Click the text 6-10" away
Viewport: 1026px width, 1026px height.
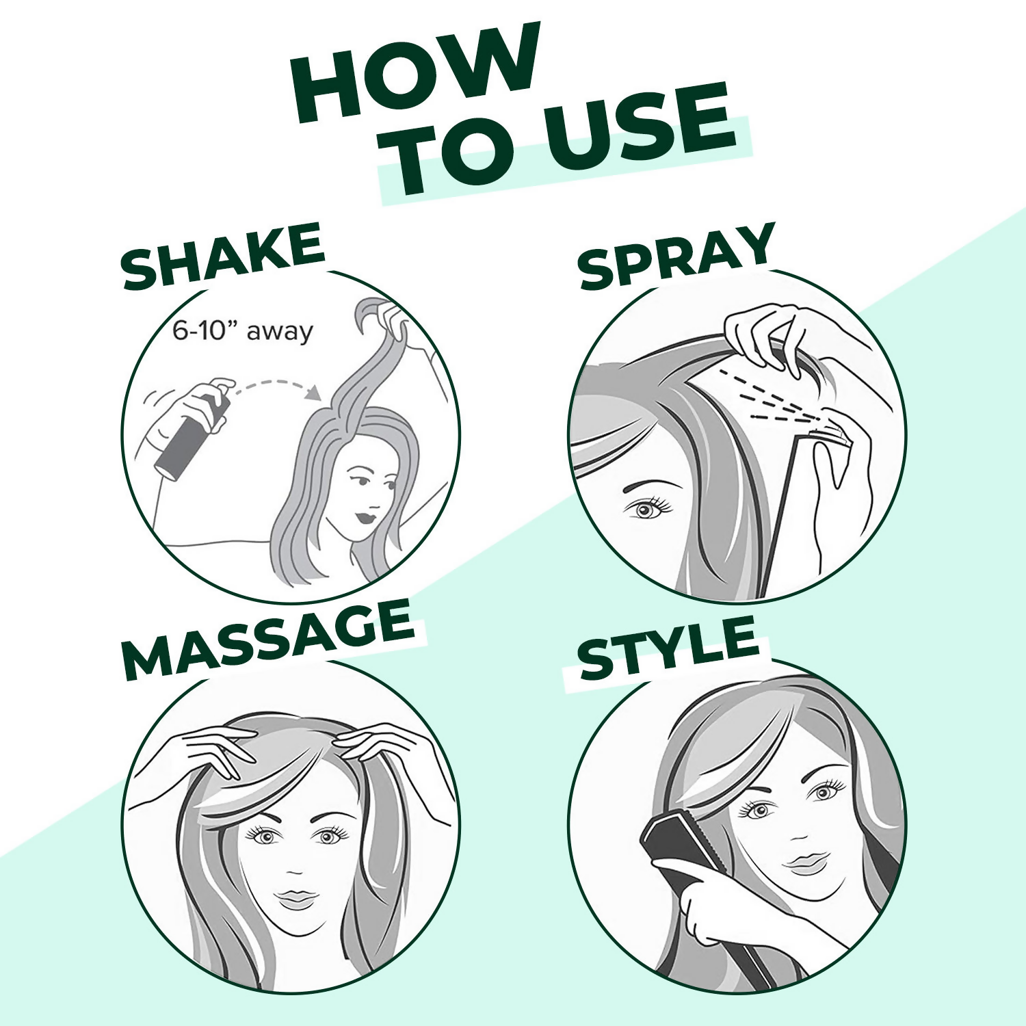pyautogui.click(x=242, y=332)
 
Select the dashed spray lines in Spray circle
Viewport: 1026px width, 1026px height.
pyautogui.click(x=766, y=397)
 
